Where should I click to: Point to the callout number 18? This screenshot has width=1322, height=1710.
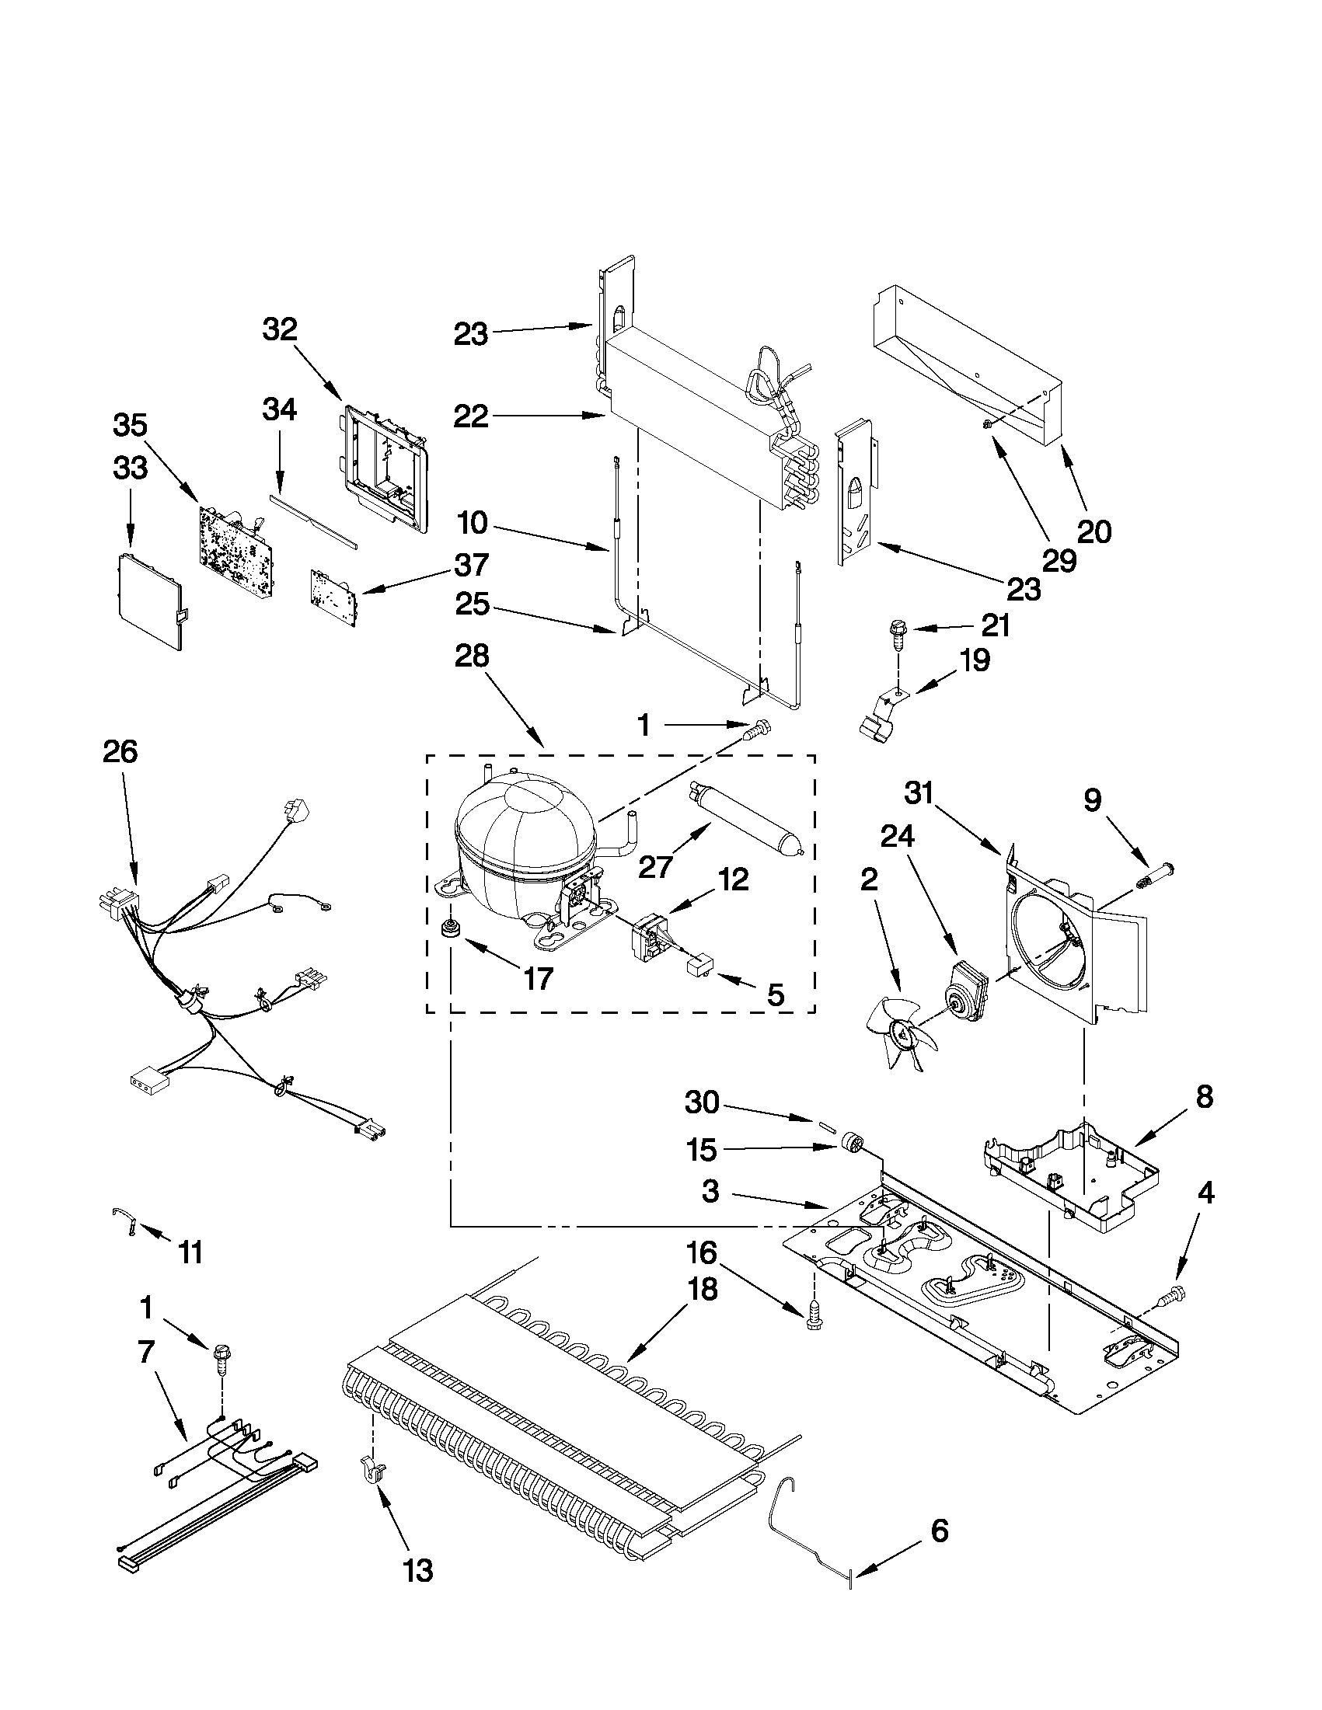pos(703,1288)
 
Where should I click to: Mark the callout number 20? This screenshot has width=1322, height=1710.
pos(1094,531)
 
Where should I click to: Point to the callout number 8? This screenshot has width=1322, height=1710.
pos(1204,1097)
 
